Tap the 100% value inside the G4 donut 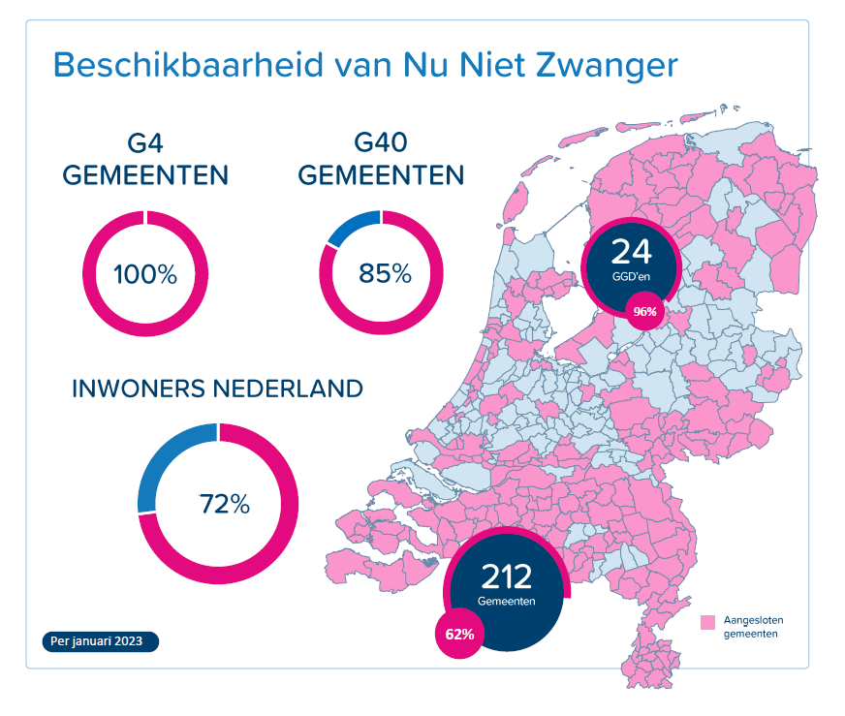tap(145, 274)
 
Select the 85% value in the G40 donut tap(385, 274)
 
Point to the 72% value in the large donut tap(225, 505)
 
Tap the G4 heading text tap(145, 145)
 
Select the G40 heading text tap(381, 145)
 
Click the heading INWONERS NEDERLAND tap(218, 389)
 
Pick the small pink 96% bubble tap(644, 312)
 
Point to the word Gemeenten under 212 tap(507, 602)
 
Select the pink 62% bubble tap(459, 635)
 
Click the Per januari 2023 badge tap(101, 641)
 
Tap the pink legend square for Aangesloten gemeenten tap(708, 621)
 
